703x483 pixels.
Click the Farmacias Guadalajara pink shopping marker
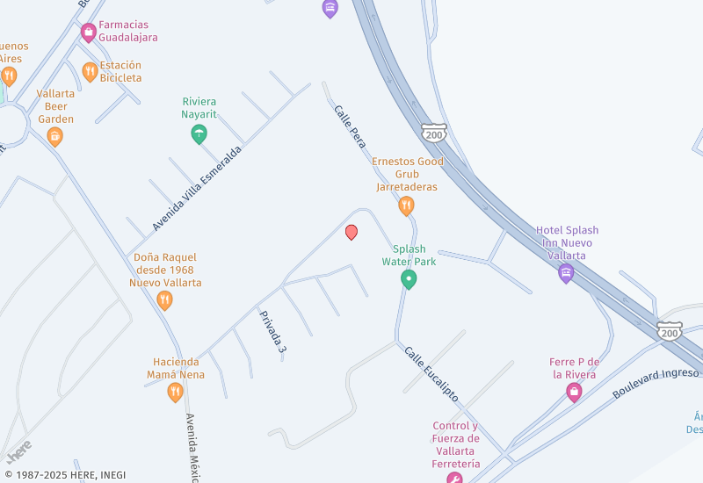[88, 33]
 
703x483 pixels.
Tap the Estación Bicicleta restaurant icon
[90, 72]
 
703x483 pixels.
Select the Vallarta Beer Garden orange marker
[55, 136]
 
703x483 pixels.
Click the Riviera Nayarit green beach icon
[199, 134]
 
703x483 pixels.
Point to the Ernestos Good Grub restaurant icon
[406, 206]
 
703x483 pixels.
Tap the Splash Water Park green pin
[409, 279]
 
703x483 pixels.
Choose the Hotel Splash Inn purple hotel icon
[567, 273]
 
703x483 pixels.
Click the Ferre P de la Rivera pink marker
[574, 393]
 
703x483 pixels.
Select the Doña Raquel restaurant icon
[165, 301]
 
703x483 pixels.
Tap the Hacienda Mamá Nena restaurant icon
[176, 393]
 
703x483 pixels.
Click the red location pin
[351, 233]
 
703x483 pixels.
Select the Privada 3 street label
[273, 332]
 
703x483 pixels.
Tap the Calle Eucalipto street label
[431, 373]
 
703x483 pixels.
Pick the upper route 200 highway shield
[433, 133]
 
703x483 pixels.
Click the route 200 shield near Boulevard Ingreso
[670, 331]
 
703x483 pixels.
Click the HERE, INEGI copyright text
[65, 475]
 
